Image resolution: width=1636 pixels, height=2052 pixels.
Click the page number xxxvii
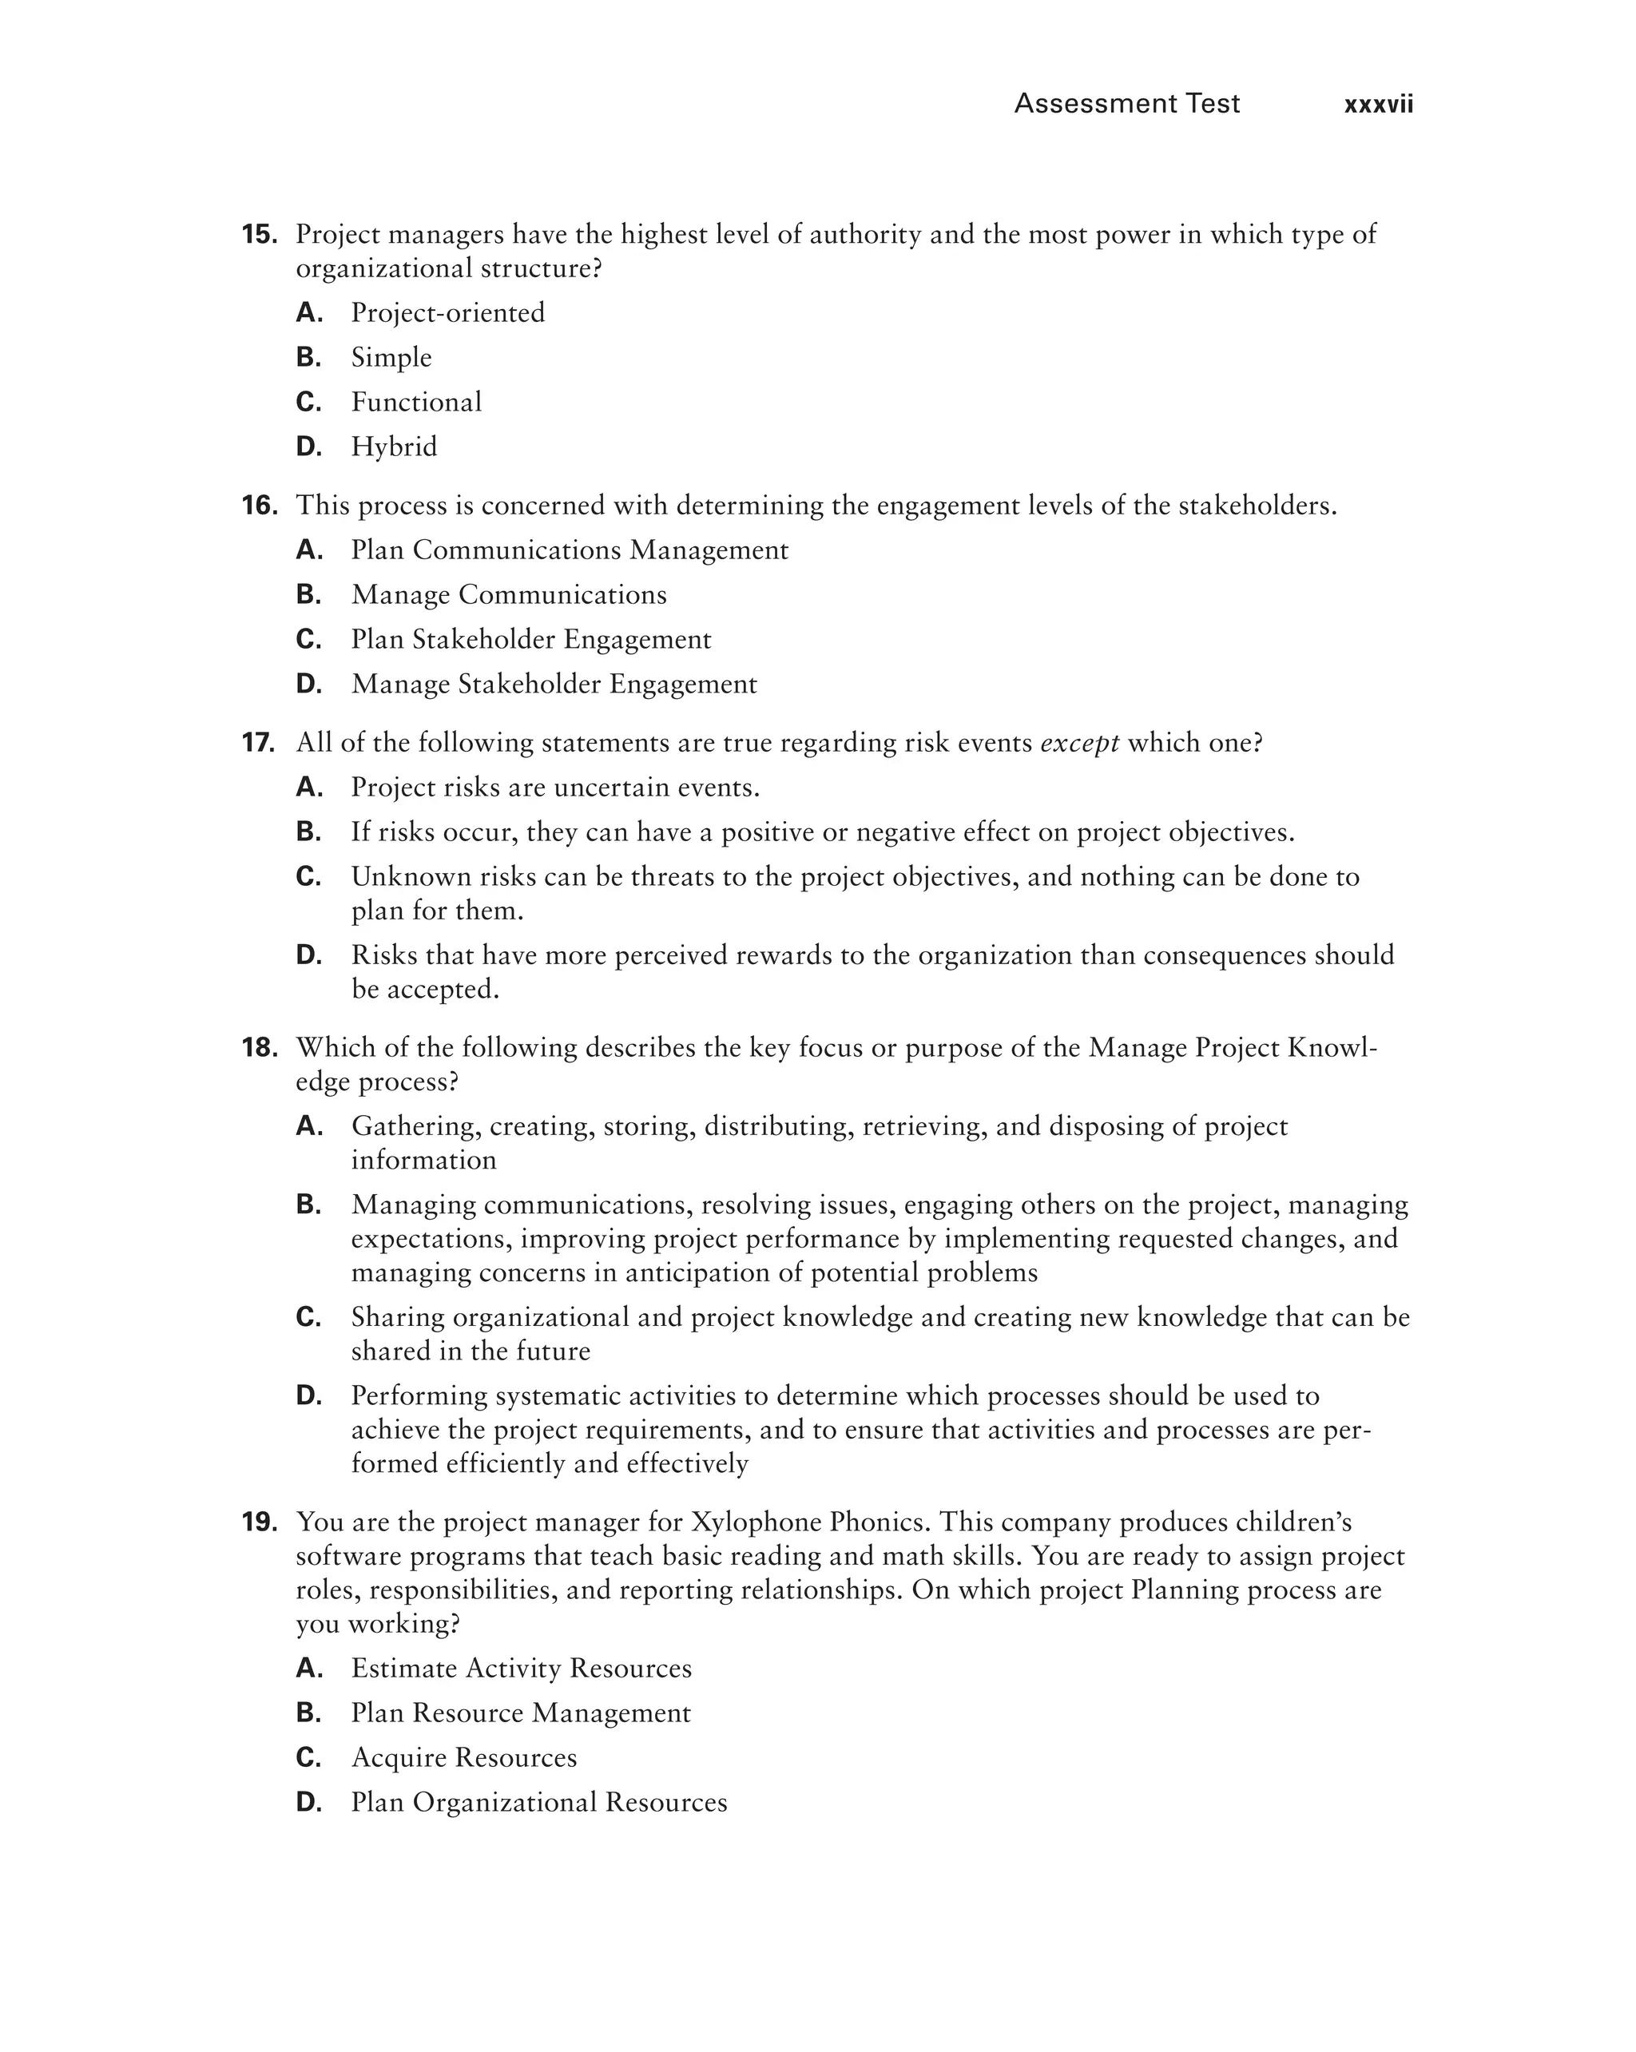pos(1377,105)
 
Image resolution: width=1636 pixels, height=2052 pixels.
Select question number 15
pos(259,234)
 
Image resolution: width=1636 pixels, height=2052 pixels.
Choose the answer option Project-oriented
pos(447,312)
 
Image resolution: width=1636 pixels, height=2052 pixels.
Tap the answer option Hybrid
pos(394,447)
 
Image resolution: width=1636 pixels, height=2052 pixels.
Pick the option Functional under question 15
pos(416,402)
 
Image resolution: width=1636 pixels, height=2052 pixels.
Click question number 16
pos(259,506)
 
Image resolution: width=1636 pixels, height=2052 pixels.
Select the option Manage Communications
pos(508,595)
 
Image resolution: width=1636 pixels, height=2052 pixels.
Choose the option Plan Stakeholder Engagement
pos(530,640)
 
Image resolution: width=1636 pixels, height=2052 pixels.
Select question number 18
pos(259,1048)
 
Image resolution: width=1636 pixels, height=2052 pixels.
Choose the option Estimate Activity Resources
pos(521,1669)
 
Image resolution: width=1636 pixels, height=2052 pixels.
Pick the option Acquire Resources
pos(463,1758)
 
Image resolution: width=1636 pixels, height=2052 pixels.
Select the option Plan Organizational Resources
pos(538,1803)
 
